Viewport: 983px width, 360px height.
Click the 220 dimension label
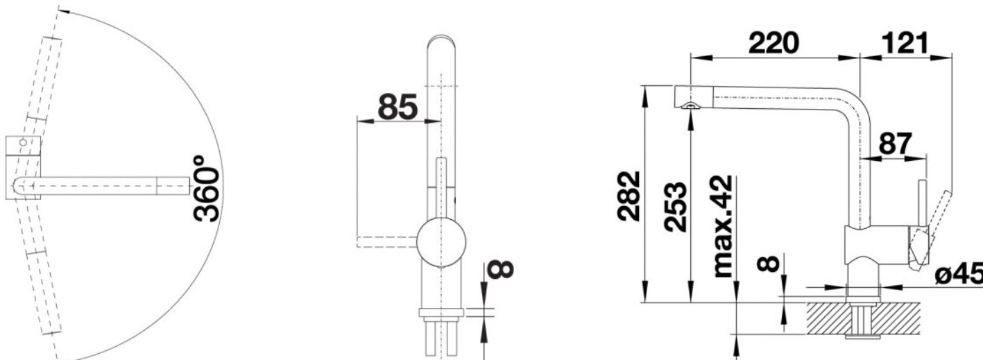pos(773,43)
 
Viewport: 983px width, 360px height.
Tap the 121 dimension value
pos(905,43)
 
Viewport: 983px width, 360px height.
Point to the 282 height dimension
pos(628,196)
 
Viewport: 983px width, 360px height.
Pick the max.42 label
pos(723,227)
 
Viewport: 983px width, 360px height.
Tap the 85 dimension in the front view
pos(398,107)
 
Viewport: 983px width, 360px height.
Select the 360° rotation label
pos(206,189)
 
